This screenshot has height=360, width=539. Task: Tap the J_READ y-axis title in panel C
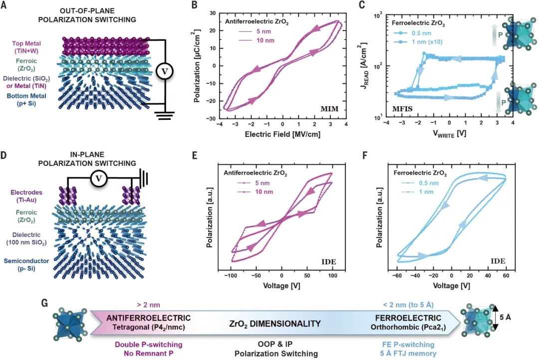(368, 65)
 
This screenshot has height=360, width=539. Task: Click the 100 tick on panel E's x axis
(331, 276)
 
